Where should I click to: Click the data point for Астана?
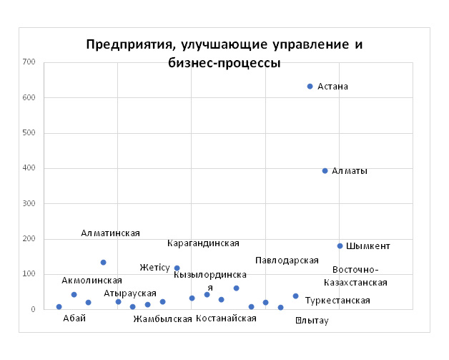(x=310, y=87)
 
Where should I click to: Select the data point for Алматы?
(x=325, y=171)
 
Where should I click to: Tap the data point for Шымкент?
(x=340, y=246)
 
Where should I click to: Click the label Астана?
(x=332, y=87)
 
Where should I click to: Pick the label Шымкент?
(x=367, y=246)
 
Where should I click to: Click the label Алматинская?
(x=110, y=233)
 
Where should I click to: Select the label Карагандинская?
(x=203, y=243)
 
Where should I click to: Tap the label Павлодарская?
(x=287, y=260)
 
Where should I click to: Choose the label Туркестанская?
(x=337, y=301)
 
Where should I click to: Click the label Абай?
(x=74, y=318)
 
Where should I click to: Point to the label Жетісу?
(x=154, y=268)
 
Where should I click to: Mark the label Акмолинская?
(x=87, y=281)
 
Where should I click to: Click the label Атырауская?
(x=129, y=293)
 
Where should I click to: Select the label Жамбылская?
(x=162, y=319)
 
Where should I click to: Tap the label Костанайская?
(x=226, y=318)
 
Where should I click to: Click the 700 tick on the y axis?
(x=29, y=62)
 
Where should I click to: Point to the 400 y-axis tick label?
(x=29, y=168)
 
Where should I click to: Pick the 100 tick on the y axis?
(x=29, y=274)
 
